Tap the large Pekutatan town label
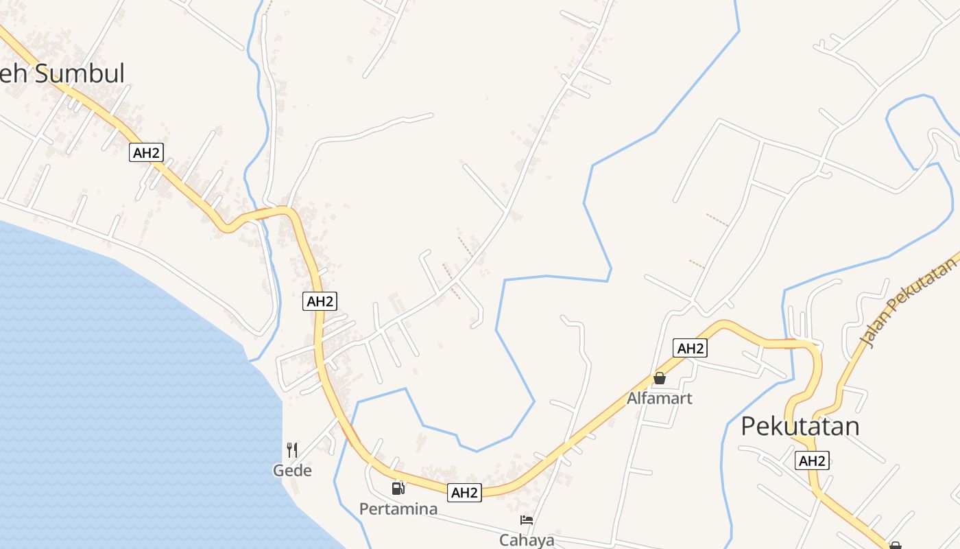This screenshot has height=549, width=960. pos(800,426)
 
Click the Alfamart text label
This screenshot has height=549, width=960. pos(660,398)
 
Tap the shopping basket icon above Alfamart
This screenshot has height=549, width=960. pos(660,378)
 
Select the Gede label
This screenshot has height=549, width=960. pos(292,471)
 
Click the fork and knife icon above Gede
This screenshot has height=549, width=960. pos(292,450)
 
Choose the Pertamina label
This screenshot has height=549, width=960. pos(398,509)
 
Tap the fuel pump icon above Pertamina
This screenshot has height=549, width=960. pos(398,489)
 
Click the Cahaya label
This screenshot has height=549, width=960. pos(527,540)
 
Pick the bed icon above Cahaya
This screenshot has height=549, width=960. pos(527,520)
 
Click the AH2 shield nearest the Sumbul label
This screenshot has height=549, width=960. pos(146,152)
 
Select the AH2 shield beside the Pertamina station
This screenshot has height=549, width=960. pos(464,492)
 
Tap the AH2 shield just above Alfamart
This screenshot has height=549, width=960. pos(690,348)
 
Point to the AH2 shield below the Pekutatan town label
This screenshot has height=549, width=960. pos(812,460)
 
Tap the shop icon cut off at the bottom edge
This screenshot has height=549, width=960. pos(895,546)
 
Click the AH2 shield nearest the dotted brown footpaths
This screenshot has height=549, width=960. pos(320,301)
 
